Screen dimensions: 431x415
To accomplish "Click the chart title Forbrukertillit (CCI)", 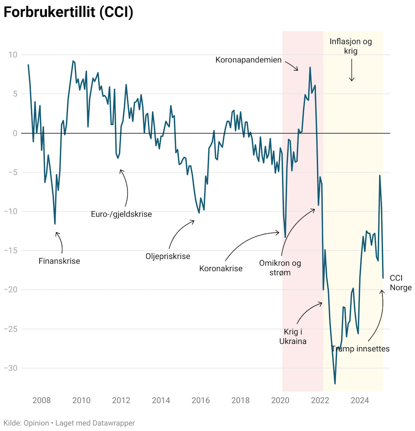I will point(68,12).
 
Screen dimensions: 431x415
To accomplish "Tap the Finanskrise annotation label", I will point(59,261).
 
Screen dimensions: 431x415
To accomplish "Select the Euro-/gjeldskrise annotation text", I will point(122,214).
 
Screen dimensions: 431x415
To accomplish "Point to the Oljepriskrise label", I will point(168,256).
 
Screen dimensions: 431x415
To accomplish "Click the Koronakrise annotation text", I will point(221,268).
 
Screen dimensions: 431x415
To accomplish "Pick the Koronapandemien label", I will point(249,60).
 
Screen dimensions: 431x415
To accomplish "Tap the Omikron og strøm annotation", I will point(280,268).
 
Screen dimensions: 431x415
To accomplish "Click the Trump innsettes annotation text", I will point(360,348).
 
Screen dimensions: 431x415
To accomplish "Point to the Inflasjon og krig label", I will point(351,46).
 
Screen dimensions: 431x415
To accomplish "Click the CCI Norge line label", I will point(401,283).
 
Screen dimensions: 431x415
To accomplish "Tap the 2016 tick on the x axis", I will point(201,400).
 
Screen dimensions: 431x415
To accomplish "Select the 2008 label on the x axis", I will point(41,400).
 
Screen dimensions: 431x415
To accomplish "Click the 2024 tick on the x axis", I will point(360,400).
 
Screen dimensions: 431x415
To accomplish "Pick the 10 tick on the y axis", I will point(13,55).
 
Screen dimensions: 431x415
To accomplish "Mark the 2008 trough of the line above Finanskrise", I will point(55,224).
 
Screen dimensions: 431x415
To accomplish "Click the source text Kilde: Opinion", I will point(26,423).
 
